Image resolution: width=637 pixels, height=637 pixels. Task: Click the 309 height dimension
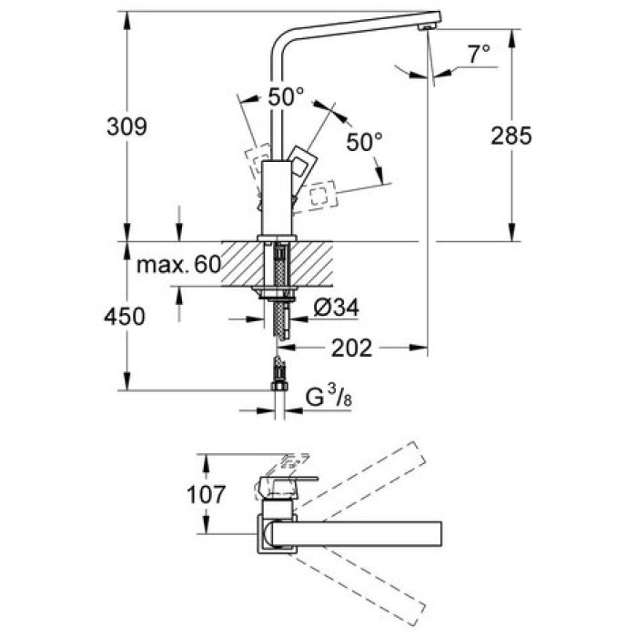coord(126,126)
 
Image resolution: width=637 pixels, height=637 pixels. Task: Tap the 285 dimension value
coord(511,136)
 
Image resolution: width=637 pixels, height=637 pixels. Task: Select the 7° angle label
coord(479,54)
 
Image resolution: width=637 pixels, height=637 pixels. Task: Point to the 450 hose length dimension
coord(125,317)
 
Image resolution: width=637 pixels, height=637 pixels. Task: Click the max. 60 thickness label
coord(178,265)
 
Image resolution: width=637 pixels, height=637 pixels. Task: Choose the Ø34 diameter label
coord(337,308)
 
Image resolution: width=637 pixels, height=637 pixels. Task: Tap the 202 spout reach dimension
coord(352,349)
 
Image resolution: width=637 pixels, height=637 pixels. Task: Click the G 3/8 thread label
coord(329,397)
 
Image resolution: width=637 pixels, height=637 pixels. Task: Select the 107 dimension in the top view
coord(206,494)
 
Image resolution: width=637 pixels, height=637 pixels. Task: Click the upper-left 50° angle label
coord(286,97)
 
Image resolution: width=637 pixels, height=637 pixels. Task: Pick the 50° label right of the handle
coord(364,142)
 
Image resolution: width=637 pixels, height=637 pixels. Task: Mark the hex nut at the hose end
coord(279,385)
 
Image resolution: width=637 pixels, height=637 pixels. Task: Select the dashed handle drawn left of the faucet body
coord(258,163)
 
